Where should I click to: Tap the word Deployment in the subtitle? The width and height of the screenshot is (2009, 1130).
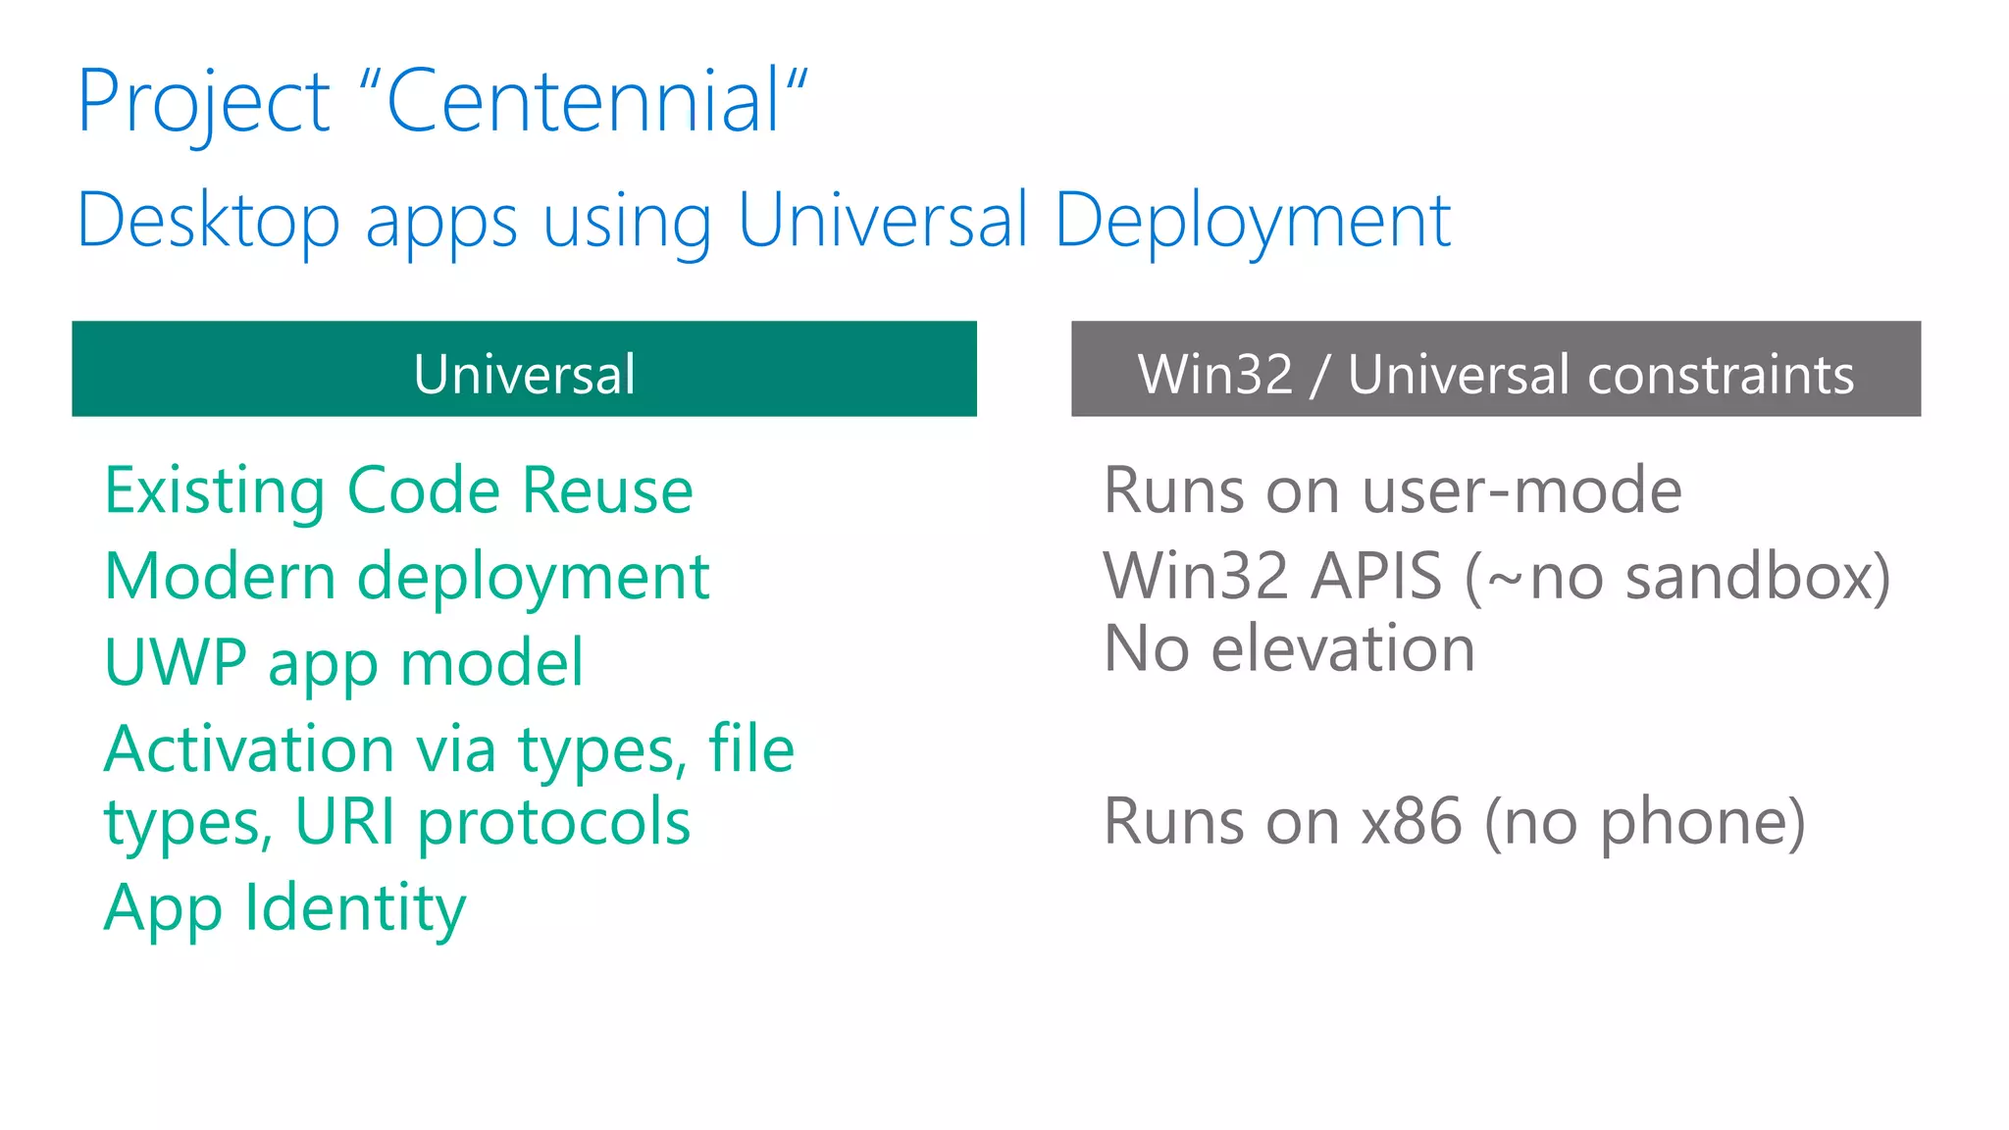tap(1252, 222)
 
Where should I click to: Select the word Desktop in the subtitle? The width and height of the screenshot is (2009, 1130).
tap(208, 222)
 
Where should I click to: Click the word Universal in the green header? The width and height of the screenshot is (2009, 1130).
tap(524, 374)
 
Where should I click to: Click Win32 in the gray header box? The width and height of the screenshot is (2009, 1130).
tap(1214, 375)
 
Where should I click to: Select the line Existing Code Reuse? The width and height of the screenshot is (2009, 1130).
tap(398, 490)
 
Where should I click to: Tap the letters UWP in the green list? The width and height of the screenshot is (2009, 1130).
tap(175, 663)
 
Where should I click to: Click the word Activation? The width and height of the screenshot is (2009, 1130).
tap(250, 749)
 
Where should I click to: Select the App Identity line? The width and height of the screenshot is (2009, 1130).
tap(284, 908)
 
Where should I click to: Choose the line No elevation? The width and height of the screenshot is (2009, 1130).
tap(1289, 649)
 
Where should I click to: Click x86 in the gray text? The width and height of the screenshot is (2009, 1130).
tap(1411, 822)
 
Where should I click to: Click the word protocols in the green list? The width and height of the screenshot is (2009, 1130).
tap(554, 822)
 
